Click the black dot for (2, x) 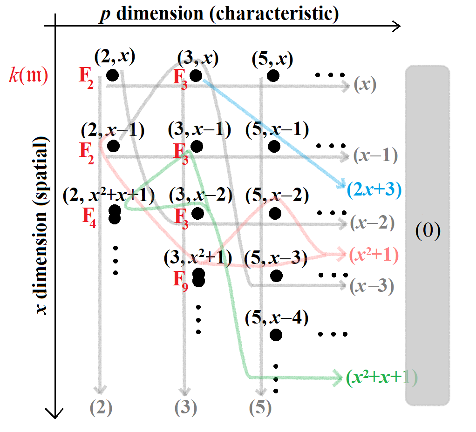point(112,75)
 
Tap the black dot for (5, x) point(273,75)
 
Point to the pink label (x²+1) point(374,255)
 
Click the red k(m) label point(28,75)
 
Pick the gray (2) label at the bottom point(101,408)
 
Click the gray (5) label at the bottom point(259,408)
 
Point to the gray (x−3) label point(373,285)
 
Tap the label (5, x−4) point(276,318)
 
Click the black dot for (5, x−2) point(274,213)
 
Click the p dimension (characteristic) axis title point(219,13)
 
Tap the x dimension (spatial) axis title point(42,225)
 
